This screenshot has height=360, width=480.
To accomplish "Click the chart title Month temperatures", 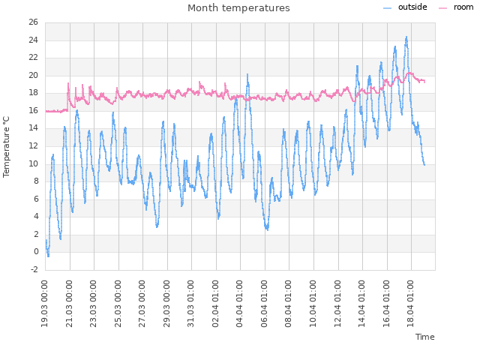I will pos(238,8).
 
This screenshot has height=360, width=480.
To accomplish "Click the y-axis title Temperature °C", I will pos(7,146).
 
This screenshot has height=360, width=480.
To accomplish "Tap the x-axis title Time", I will pos(424,337).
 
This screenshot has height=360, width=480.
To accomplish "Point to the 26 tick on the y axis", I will pos(34,22).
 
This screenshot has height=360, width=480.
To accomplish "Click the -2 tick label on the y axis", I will pos(34,269).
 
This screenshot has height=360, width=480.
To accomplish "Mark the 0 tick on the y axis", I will pos(35,252).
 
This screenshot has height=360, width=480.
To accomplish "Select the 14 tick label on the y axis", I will pos(34,128).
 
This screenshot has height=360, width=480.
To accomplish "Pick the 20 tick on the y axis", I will pos(34,76).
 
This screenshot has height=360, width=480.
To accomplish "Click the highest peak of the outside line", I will pos(406,36).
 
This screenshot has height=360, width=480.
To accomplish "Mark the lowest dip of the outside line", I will pos(48,256).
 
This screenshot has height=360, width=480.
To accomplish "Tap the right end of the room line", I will pos(424,81).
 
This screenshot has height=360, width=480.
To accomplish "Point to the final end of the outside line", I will pos(424,164).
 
